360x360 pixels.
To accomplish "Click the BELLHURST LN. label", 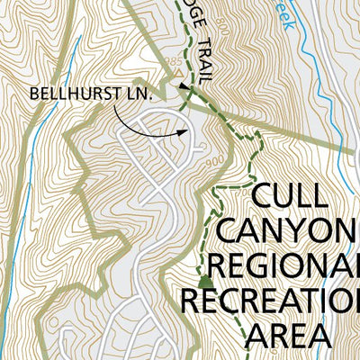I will (x=86, y=93).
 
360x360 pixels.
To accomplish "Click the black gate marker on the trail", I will (x=184, y=87).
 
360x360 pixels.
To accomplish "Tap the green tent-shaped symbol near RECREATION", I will (x=204, y=282).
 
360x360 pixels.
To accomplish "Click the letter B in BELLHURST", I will (x=34, y=93).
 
